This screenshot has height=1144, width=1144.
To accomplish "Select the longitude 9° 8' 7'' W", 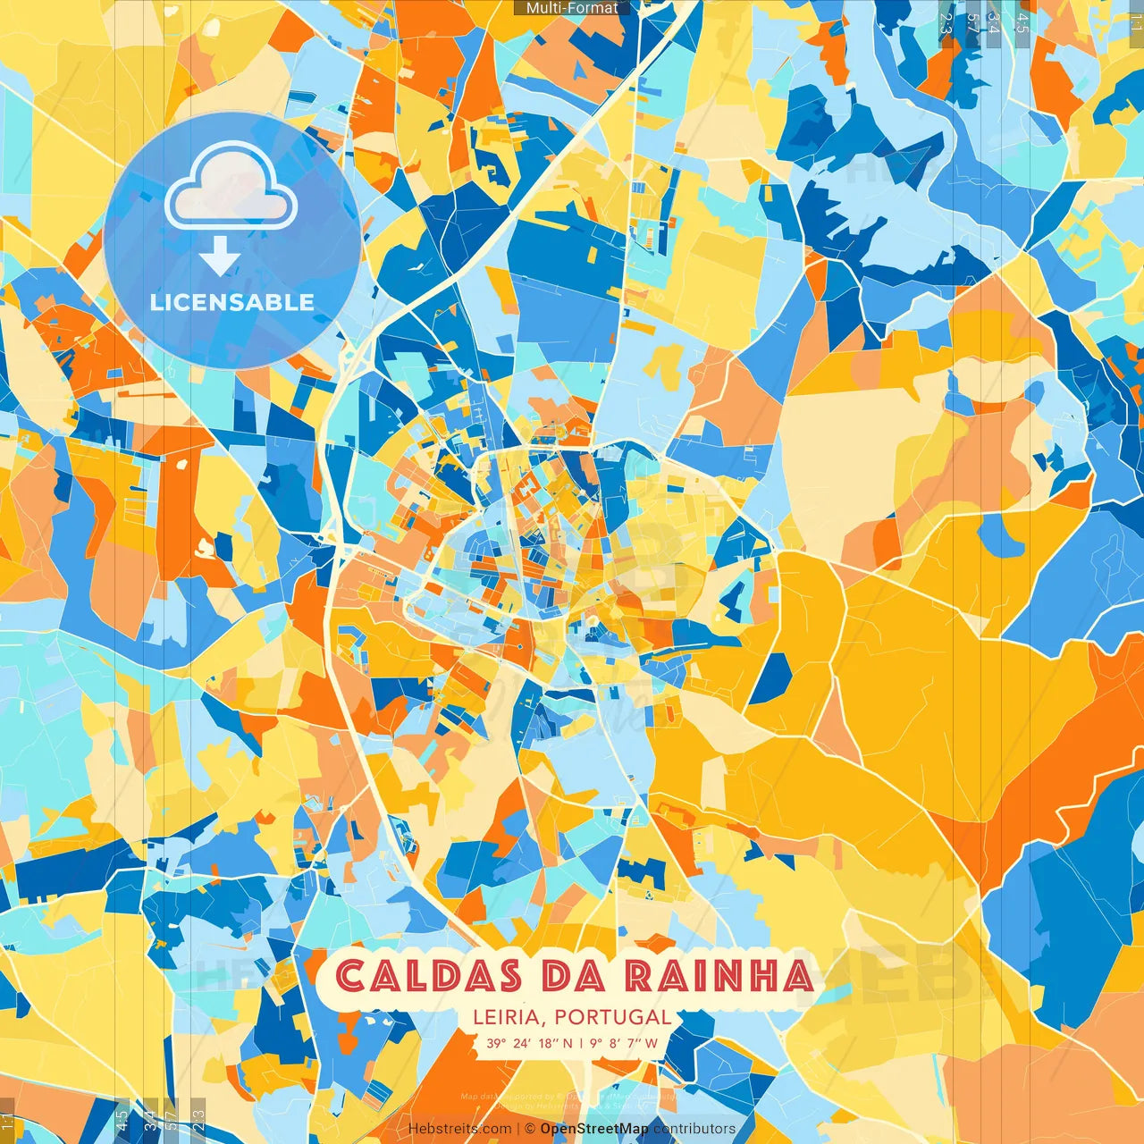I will tap(624, 1043).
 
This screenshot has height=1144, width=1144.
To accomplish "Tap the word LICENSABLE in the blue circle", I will tap(231, 302).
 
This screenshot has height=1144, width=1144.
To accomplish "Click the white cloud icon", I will tap(231, 189).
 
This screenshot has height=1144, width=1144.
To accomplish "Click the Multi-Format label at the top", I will tap(572, 8).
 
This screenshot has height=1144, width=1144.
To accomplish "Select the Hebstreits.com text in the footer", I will tap(459, 1129).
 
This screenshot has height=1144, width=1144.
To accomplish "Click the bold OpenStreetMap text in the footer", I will tap(594, 1129).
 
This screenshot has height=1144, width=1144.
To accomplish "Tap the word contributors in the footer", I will tap(694, 1129).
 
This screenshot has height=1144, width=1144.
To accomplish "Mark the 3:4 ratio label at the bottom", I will tap(149, 1119).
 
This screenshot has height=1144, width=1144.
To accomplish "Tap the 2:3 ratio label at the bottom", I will tap(198, 1119).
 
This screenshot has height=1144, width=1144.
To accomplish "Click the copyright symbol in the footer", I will tap(529, 1129).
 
